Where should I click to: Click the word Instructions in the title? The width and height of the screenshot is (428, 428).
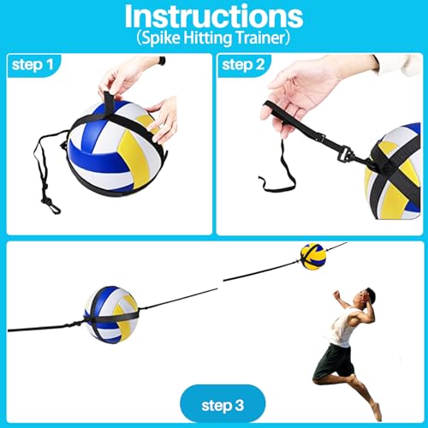tap(213, 18)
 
